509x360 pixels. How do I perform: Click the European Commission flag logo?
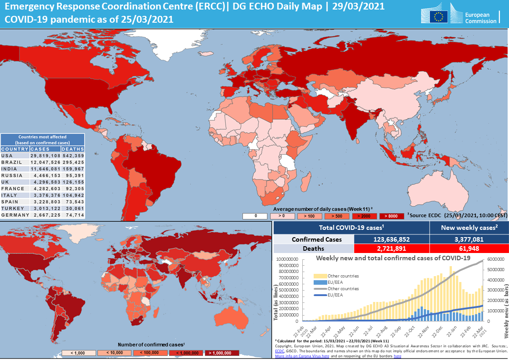click(438, 17)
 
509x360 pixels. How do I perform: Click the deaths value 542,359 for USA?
click(73, 156)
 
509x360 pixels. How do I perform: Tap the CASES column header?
click(43, 149)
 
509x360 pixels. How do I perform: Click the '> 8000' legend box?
click(392, 216)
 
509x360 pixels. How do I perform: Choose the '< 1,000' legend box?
click(79, 353)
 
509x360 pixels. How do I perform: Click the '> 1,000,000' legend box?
click(221, 353)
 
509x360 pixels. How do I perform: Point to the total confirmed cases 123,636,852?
click(391, 239)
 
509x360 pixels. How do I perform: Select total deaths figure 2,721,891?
click(391, 248)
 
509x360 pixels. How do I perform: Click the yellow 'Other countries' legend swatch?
click(320, 276)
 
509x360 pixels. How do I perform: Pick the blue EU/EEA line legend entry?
click(320, 295)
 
